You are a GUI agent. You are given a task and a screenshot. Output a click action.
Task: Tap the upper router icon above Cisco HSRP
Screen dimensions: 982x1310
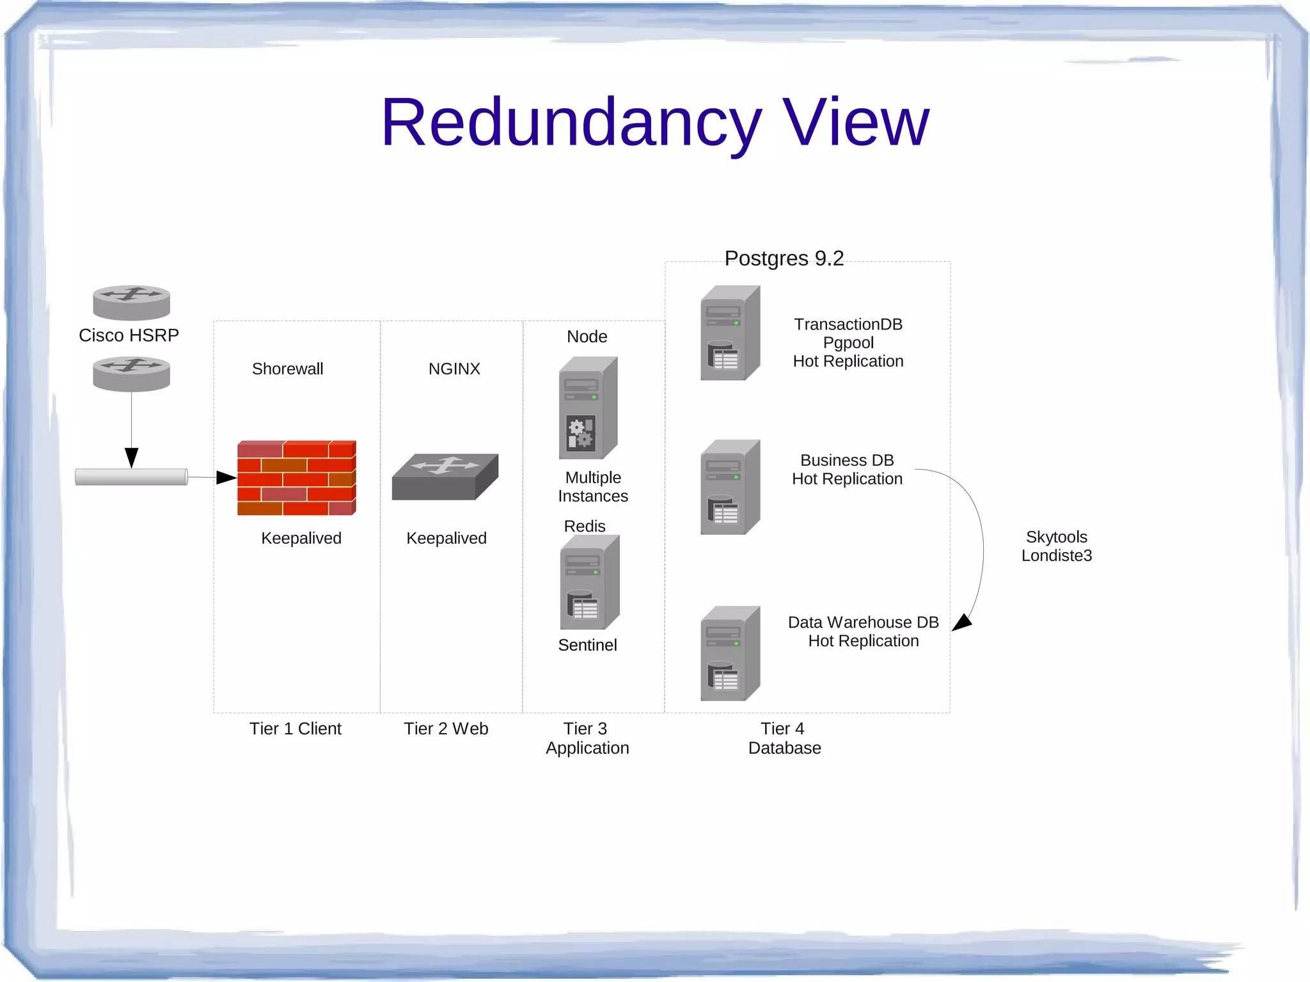[x=131, y=302]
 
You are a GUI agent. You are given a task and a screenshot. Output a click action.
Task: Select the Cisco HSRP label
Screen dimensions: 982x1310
[x=129, y=335]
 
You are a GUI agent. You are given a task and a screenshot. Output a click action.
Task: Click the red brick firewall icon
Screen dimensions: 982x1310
[x=296, y=477]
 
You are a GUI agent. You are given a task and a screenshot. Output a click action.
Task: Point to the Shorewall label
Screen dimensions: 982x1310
[x=287, y=369]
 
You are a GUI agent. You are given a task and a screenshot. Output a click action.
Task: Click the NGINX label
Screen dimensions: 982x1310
[x=454, y=369]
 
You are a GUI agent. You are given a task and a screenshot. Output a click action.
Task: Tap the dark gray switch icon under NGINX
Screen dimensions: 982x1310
[x=445, y=477]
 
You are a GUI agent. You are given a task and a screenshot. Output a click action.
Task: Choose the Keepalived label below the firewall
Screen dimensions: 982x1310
[x=301, y=538]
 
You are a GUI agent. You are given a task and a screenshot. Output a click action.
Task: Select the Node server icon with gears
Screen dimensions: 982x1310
[x=588, y=408]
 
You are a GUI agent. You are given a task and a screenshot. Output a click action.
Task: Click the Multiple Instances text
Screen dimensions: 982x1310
[x=593, y=487]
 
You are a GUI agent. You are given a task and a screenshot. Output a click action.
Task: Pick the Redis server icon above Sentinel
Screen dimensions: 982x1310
[x=589, y=582]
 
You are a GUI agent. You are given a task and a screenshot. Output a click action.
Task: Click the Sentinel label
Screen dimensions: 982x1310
[x=587, y=645]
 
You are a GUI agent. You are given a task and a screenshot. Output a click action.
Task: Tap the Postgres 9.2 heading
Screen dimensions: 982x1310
[x=784, y=258]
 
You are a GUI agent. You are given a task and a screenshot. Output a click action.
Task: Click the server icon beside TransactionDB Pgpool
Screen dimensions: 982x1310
[x=730, y=333]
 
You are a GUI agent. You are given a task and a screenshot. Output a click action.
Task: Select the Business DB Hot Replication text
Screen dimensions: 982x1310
[x=847, y=470]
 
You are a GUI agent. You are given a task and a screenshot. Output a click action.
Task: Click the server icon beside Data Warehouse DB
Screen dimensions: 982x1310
[x=730, y=653]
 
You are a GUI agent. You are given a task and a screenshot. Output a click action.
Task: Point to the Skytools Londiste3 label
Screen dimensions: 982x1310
[x=1056, y=546]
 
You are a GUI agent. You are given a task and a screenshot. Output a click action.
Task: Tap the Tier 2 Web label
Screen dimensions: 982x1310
[x=446, y=729]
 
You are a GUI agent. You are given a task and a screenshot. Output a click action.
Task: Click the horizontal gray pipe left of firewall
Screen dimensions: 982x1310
[x=131, y=477]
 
